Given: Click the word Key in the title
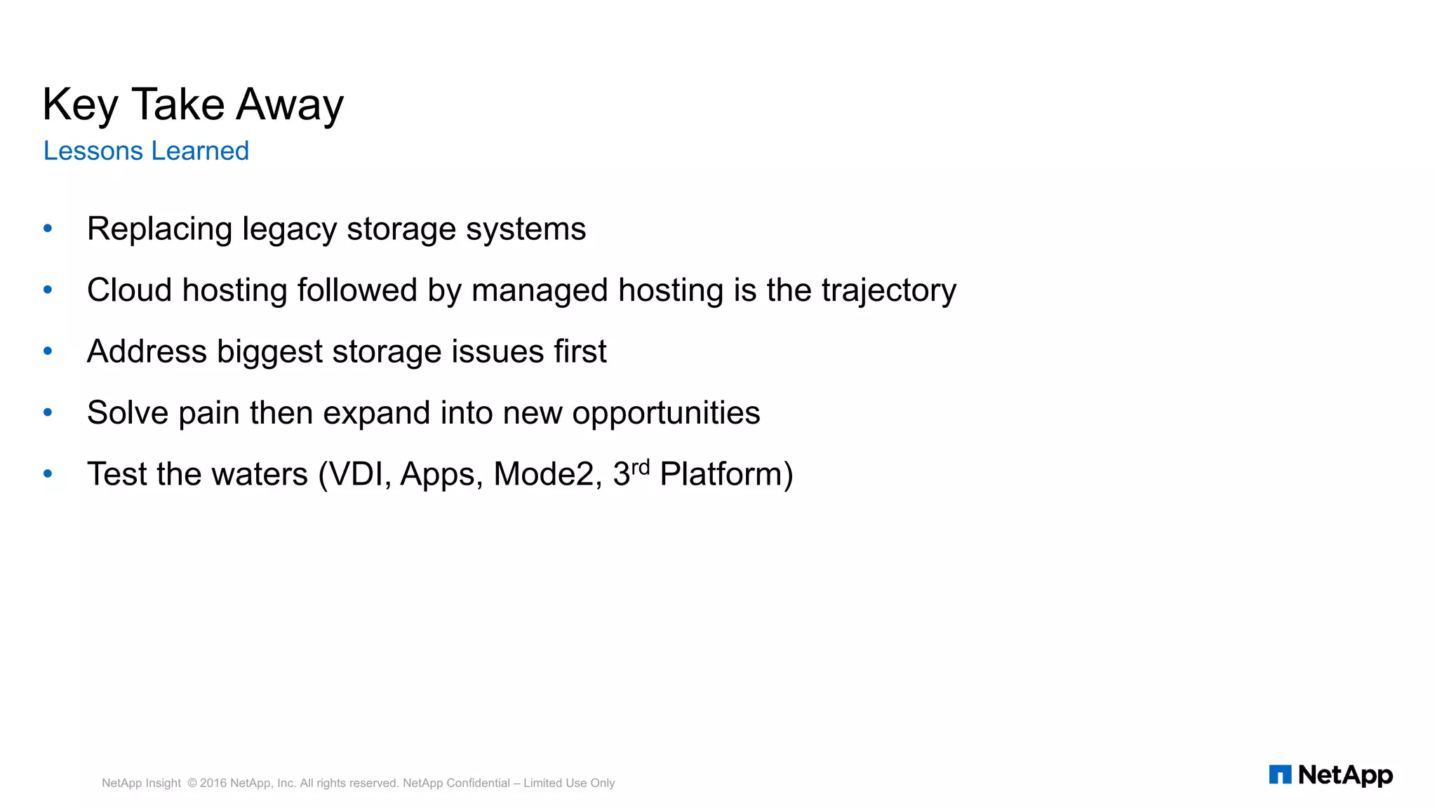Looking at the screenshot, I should pyautogui.click(x=79, y=105).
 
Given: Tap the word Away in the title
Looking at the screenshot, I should pyautogui.click(x=289, y=105).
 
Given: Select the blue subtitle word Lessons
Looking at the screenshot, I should pyautogui.click(x=93, y=151).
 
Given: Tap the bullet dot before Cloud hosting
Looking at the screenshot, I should pyautogui.click(x=48, y=289).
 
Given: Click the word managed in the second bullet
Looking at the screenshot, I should pyautogui.click(x=539, y=291).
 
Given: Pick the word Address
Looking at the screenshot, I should pyautogui.click(x=147, y=351).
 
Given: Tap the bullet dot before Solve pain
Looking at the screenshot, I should pyautogui.click(x=48, y=412).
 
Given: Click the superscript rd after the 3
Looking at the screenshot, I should pyautogui.click(x=641, y=467).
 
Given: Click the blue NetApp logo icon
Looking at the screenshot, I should pyautogui.click(x=1280, y=774).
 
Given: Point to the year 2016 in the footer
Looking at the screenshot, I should pyautogui.click(x=213, y=783).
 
